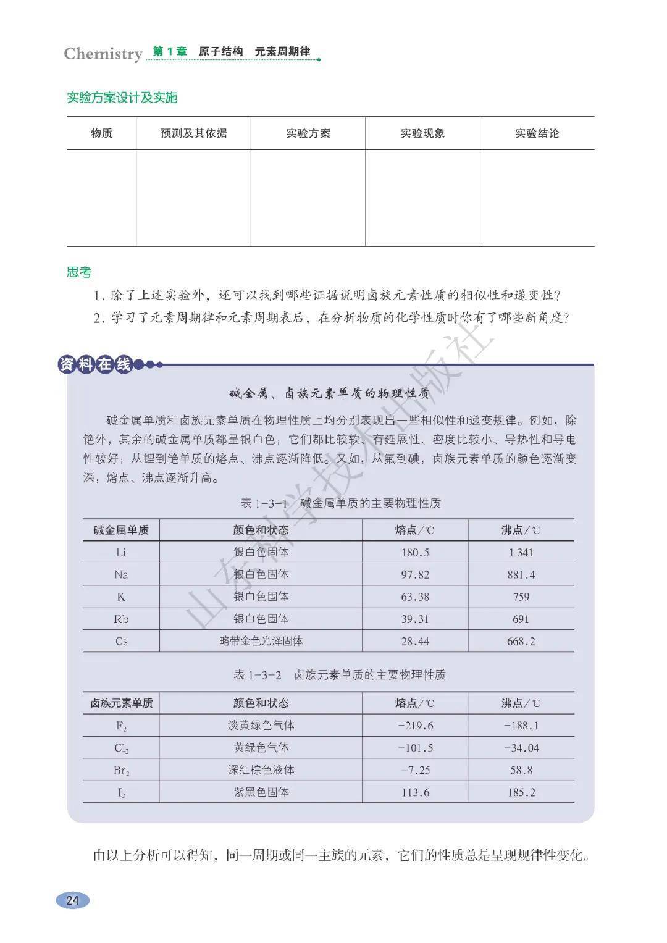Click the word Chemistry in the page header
103,54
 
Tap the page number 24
73,900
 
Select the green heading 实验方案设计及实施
122,98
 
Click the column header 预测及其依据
193,133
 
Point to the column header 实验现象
422,133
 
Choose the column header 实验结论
537,133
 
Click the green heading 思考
79,272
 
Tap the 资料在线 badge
96,364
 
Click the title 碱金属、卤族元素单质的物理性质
329,393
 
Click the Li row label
121,553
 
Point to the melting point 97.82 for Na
415,575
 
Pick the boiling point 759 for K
521,597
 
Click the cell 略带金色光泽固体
261,641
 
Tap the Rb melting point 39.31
415,619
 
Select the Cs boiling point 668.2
521,642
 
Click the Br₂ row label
121,771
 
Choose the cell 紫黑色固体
261,792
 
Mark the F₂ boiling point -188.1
521,726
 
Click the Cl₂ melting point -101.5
415,748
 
